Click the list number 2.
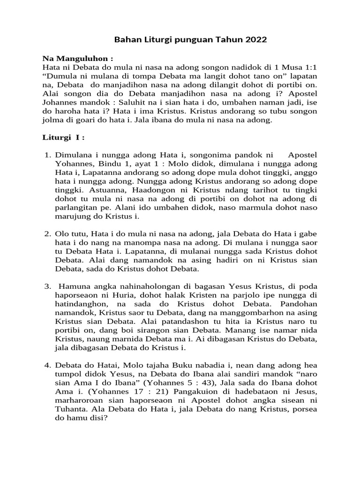tap(47, 233)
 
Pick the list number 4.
tap(47, 365)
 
